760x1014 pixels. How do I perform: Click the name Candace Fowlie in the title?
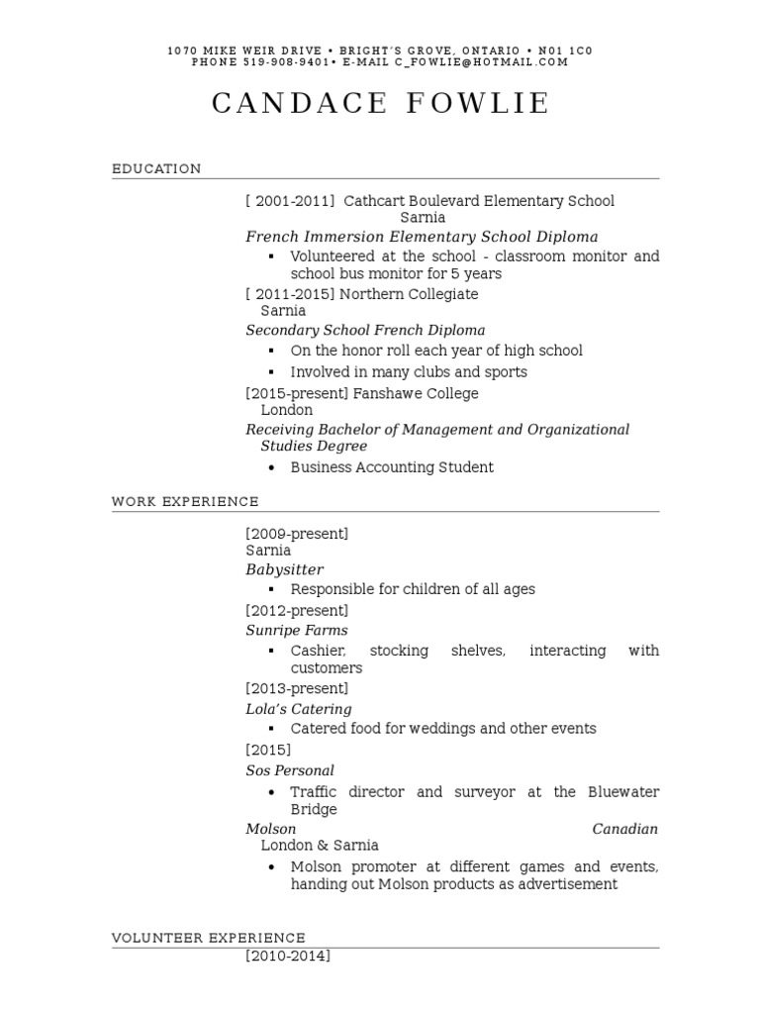tap(381, 104)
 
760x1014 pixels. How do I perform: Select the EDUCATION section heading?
tap(156, 169)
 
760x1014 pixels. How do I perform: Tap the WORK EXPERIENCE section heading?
tap(185, 502)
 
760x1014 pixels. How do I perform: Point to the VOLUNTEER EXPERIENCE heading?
tap(208, 938)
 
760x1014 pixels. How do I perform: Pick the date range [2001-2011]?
tap(290, 201)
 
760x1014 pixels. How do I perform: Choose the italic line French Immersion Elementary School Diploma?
tap(422, 237)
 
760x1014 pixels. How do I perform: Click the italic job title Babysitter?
tap(284, 569)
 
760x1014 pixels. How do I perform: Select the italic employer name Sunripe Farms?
tap(296, 630)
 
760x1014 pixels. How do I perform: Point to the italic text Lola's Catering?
tap(298, 709)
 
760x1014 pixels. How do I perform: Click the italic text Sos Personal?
tap(290, 770)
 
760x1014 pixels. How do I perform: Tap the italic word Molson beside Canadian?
tap(270, 829)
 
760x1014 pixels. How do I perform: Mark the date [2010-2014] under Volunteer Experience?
tap(288, 957)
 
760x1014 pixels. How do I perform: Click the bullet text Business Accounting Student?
tap(392, 467)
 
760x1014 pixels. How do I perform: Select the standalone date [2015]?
tap(268, 750)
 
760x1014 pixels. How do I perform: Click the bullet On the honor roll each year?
tap(436, 351)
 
